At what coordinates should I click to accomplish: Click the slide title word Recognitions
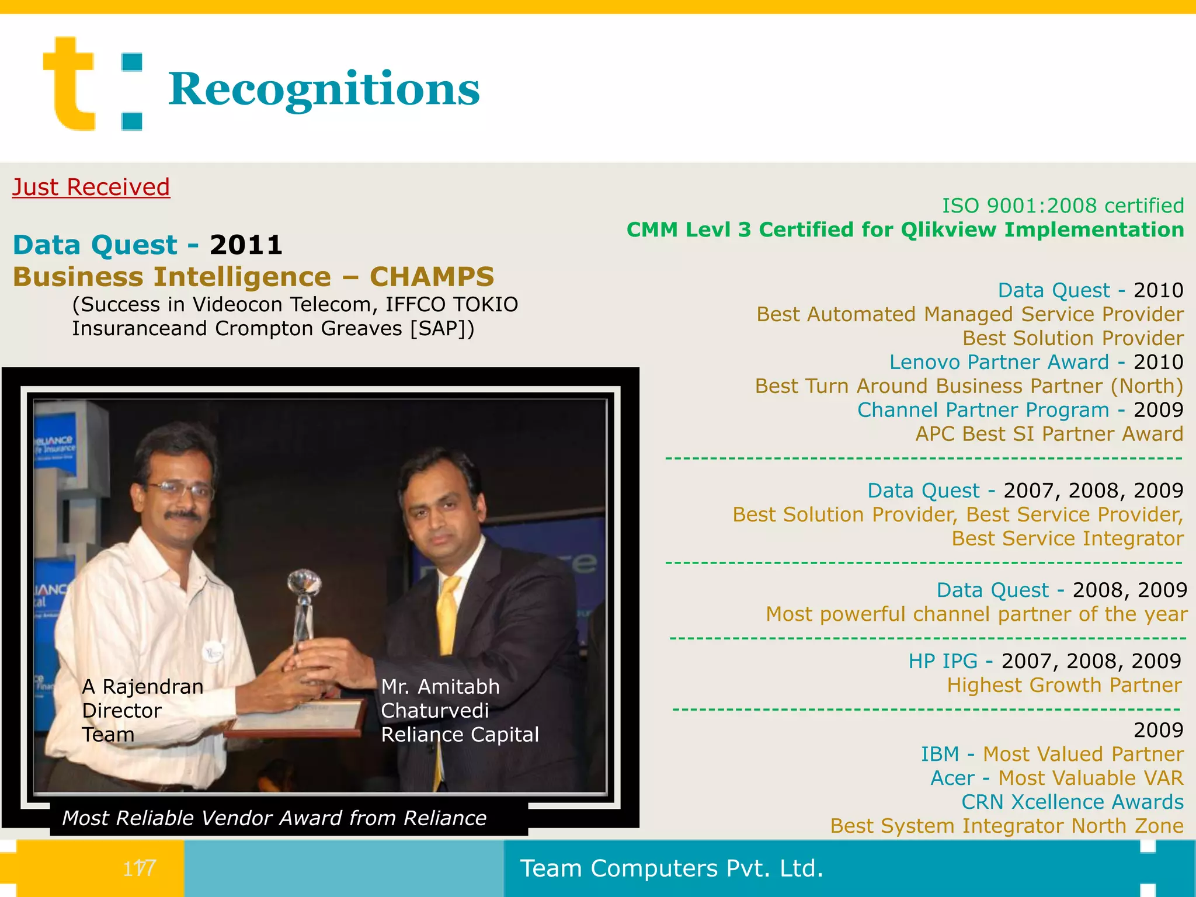pyautogui.click(x=324, y=89)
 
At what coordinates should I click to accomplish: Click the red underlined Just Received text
pyautogui.click(x=91, y=187)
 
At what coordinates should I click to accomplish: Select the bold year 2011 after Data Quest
pyautogui.click(x=246, y=245)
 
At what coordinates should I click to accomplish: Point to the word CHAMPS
pyautogui.click(x=432, y=277)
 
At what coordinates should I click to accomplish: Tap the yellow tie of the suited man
pyautogui.click(x=448, y=613)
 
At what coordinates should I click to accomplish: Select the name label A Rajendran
pyautogui.click(x=142, y=687)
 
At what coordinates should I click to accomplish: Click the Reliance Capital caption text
pyautogui.click(x=460, y=735)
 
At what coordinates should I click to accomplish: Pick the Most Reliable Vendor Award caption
pyautogui.click(x=274, y=818)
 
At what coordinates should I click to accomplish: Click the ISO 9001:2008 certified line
pyautogui.click(x=1062, y=206)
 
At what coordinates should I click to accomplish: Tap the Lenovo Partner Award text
pyautogui.click(x=999, y=362)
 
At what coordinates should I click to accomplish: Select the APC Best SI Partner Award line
pyautogui.click(x=1049, y=434)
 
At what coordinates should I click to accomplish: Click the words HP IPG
pyautogui.click(x=943, y=661)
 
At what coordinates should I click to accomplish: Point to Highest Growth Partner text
pyautogui.click(x=1064, y=685)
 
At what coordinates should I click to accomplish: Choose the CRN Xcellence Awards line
pyautogui.click(x=1072, y=802)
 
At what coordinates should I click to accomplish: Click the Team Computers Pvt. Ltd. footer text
pyautogui.click(x=672, y=868)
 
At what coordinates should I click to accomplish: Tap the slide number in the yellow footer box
pyautogui.click(x=139, y=868)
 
